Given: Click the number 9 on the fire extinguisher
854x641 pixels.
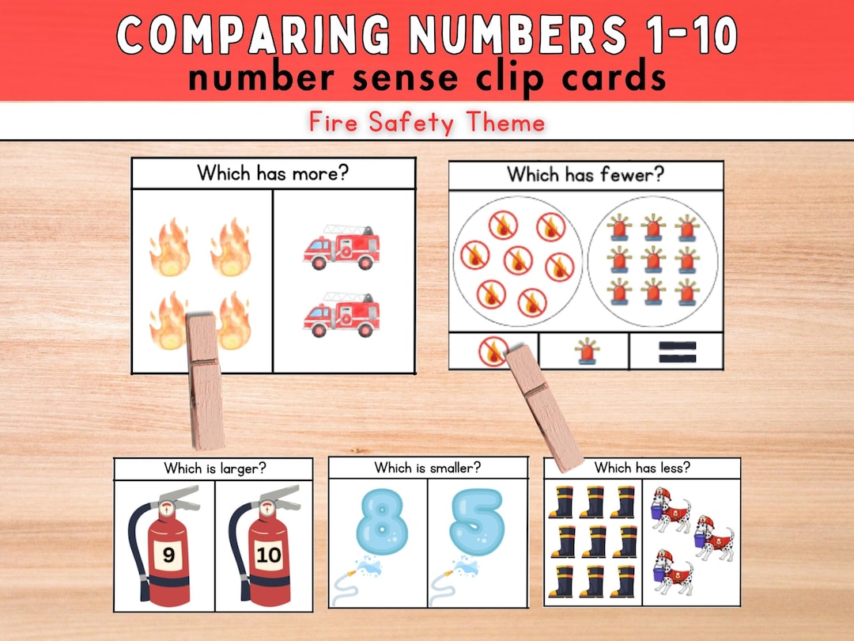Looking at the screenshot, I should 168,555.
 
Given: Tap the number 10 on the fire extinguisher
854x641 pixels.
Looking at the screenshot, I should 269,555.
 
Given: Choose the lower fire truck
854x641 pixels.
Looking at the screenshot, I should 341,315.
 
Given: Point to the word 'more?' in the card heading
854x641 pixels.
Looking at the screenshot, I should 316,173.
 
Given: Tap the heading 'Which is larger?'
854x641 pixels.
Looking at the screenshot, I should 214,468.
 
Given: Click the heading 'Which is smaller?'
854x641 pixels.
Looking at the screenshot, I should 428,468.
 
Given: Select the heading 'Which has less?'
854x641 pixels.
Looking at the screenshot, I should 642,468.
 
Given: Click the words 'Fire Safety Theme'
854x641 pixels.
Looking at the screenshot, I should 427,123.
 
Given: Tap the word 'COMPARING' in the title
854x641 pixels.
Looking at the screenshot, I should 252,36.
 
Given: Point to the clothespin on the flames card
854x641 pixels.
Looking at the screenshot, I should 205,380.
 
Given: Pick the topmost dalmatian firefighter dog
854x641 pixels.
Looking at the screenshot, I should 671,510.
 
